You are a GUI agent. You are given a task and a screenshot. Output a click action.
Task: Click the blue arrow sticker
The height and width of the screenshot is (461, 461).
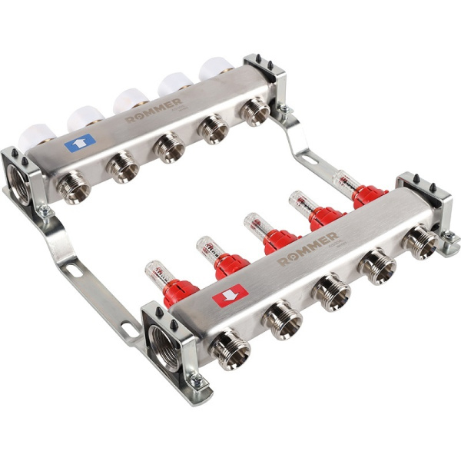click(x=79, y=142)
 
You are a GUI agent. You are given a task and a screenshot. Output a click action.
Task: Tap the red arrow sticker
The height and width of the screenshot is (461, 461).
click(x=230, y=295)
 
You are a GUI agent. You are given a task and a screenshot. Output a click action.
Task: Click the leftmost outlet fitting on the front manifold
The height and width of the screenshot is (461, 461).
click(x=230, y=350)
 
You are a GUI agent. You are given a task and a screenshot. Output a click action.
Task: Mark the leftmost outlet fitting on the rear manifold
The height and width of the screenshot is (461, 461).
click(x=75, y=186)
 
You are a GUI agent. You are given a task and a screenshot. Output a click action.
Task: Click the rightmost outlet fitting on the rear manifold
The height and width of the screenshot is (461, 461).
click(x=253, y=111)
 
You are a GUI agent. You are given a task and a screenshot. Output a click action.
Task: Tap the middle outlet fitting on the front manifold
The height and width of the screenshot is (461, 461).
click(x=335, y=291)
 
